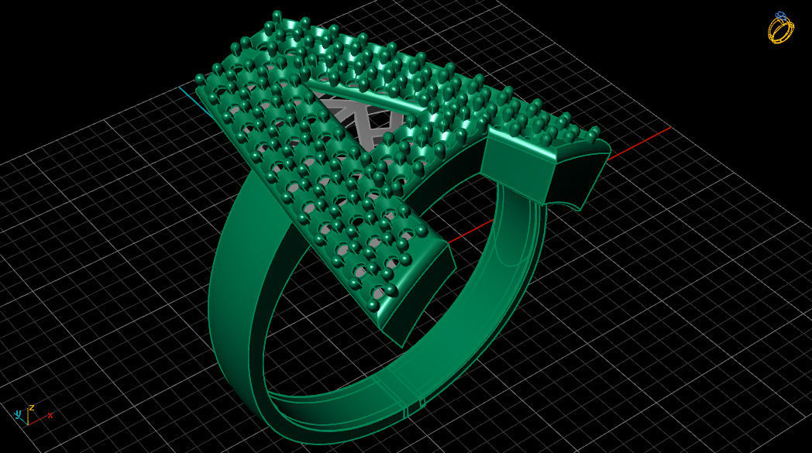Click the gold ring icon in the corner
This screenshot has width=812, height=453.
pyautogui.click(x=780, y=28)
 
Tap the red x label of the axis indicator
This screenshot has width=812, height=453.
pyautogui.click(x=50, y=416)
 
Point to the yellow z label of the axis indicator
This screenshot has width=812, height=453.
pyautogui.click(x=31, y=407)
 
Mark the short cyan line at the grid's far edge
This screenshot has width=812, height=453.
pyautogui.click(x=188, y=95)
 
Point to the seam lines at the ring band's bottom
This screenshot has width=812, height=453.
pyautogui.click(x=415, y=402)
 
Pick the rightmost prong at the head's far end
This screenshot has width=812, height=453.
pyautogui.click(x=594, y=132)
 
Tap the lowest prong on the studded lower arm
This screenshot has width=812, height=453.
pyautogui.click(x=373, y=305)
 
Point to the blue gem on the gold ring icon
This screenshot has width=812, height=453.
pyautogui.click(x=779, y=15)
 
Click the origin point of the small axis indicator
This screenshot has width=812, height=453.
pyautogui.click(x=28, y=423)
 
